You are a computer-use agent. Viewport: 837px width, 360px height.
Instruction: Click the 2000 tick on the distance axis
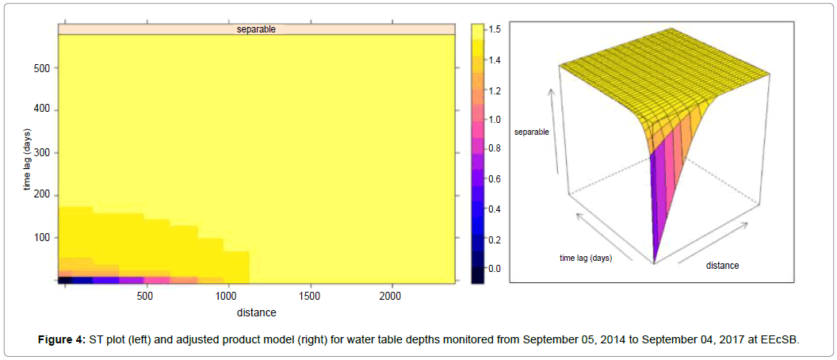point(391,296)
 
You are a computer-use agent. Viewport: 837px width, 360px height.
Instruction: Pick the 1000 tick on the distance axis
point(227,296)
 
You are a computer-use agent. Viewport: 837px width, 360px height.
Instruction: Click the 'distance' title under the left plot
point(256,312)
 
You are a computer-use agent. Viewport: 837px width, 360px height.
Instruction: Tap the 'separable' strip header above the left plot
point(256,29)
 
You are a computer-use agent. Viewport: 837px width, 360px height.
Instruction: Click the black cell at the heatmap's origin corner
point(65,280)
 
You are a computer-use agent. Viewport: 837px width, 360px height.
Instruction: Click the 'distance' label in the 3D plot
point(722,266)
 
